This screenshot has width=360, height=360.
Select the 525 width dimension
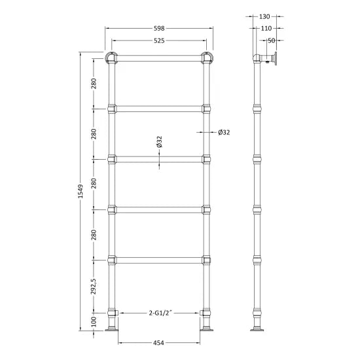pyautogui.click(x=158, y=41)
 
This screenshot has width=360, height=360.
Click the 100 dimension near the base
pyautogui.click(x=94, y=322)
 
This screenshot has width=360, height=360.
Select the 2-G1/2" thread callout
pyautogui.click(x=159, y=312)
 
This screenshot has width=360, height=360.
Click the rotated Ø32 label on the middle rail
pyautogui.click(x=159, y=143)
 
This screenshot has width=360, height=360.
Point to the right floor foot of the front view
pyautogui.click(x=207, y=329)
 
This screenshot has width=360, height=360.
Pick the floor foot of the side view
pyautogui.click(x=255, y=329)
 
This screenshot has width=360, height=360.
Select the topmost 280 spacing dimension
pyautogui.click(x=94, y=83)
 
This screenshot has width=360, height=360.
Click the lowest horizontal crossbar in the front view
pyautogui.click(x=158, y=259)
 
